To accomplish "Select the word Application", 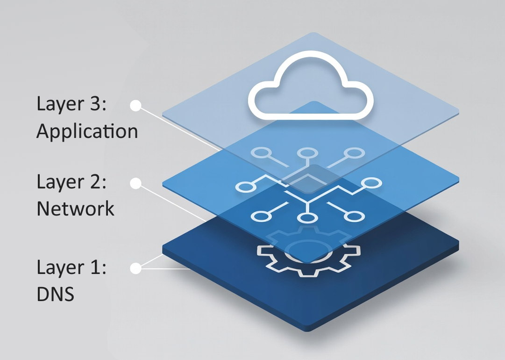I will [87, 132].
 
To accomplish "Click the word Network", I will [76, 208].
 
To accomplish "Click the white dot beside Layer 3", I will [135, 106].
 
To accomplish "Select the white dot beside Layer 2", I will [135, 184].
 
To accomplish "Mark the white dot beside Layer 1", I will [135, 268].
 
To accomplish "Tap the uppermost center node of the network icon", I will [306, 153].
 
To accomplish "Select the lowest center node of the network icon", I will [305, 218].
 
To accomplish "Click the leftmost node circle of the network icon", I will [244, 187].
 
